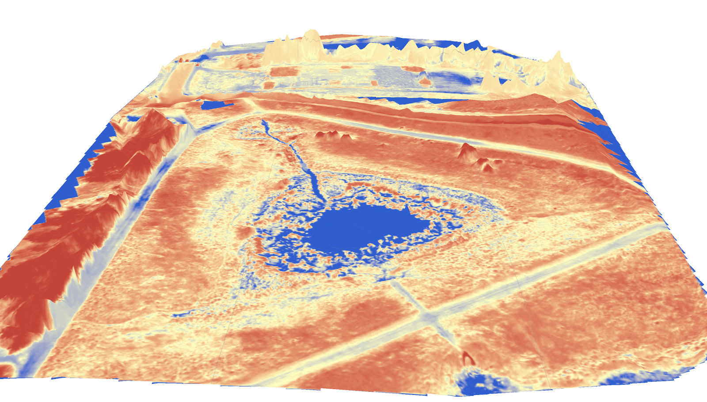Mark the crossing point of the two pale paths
429,316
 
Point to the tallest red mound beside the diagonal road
466,150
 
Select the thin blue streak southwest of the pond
186,314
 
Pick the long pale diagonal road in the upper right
486,142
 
